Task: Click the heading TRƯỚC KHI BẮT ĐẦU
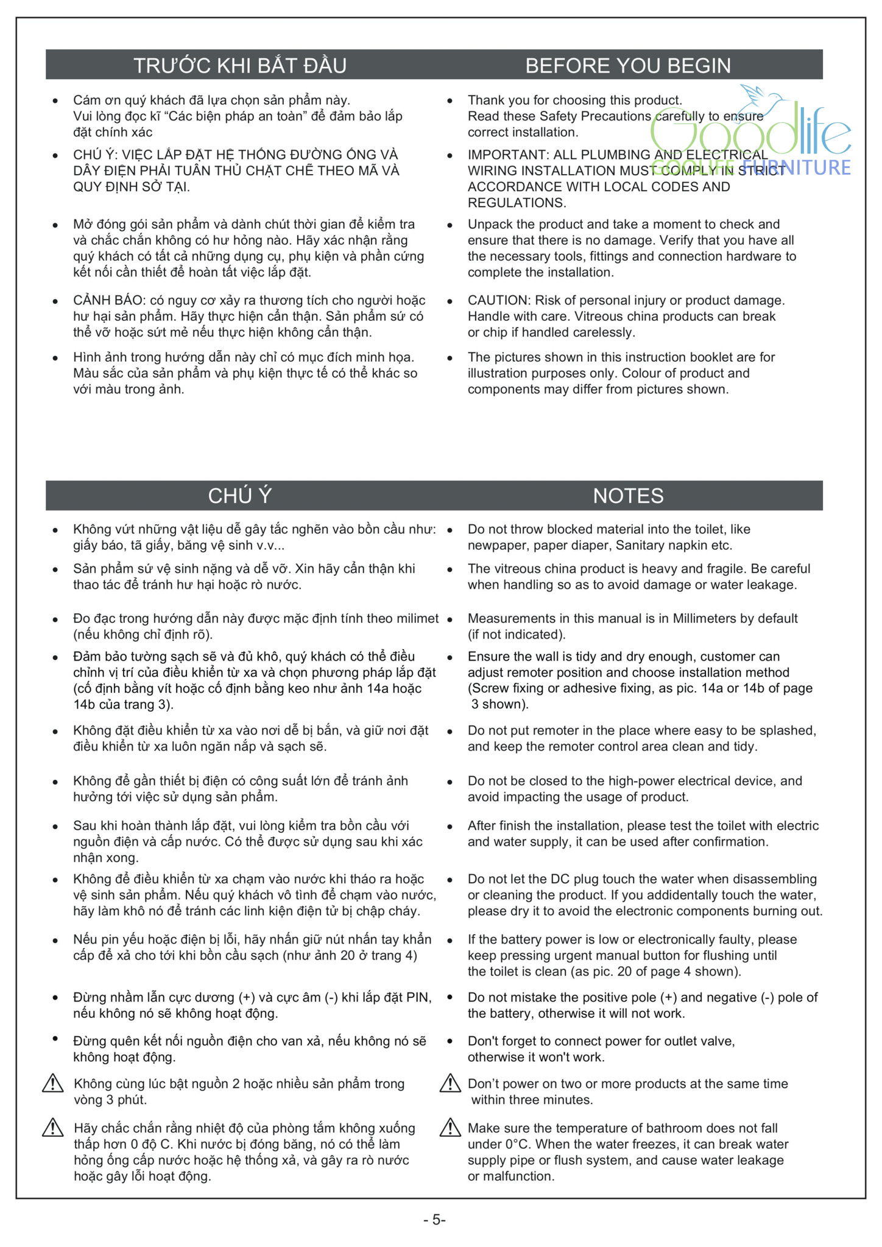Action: pos(239,66)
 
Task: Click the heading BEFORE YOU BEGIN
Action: pos(628,66)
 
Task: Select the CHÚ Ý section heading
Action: pos(239,496)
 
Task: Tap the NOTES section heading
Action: pos(628,496)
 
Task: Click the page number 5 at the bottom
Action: pos(436,1220)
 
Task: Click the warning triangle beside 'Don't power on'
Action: pos(450,1084)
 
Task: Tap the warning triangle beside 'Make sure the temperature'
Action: pos(450,1128)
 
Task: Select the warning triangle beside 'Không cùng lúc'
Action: pos(53,1084)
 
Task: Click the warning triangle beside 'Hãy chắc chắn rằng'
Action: pos(53,1128)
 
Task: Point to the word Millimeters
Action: pos(704,619)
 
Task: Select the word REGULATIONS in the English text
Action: pos(517,203)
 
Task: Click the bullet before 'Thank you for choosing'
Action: pos(450,101)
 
